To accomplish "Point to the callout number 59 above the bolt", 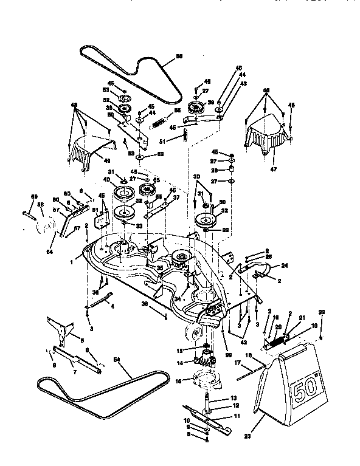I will [35, 195].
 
